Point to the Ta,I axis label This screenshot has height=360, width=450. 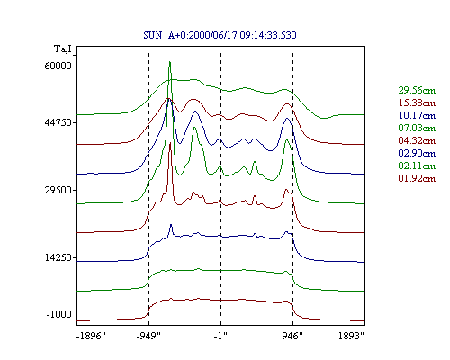coord(63,49)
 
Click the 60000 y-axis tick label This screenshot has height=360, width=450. coord(58,66)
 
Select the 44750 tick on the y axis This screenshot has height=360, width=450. coord(58,122)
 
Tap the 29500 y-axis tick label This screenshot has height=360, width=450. coord(58,190)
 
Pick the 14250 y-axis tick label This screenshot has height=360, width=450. coord(58,257)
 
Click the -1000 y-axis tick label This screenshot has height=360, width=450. coord(59,314)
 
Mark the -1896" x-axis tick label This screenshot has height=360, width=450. coord(91,336)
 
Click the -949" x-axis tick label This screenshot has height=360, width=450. coord(148,336)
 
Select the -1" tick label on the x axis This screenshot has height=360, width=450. coord(220,336)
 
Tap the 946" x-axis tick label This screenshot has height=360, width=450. coord(292,336)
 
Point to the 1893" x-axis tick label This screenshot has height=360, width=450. coord(351,336)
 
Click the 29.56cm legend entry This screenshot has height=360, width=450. coord(417,90)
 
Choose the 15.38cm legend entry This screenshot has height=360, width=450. coord(417,103)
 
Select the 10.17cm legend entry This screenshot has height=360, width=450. coord(417,115)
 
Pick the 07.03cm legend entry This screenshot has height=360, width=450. coord(417,128)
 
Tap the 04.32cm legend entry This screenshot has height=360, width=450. coord(417,140)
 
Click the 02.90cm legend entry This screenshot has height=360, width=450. coord(417,153)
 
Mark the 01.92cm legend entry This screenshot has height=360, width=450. coord(417,178)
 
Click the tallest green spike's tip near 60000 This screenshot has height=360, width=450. coord(170,62)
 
